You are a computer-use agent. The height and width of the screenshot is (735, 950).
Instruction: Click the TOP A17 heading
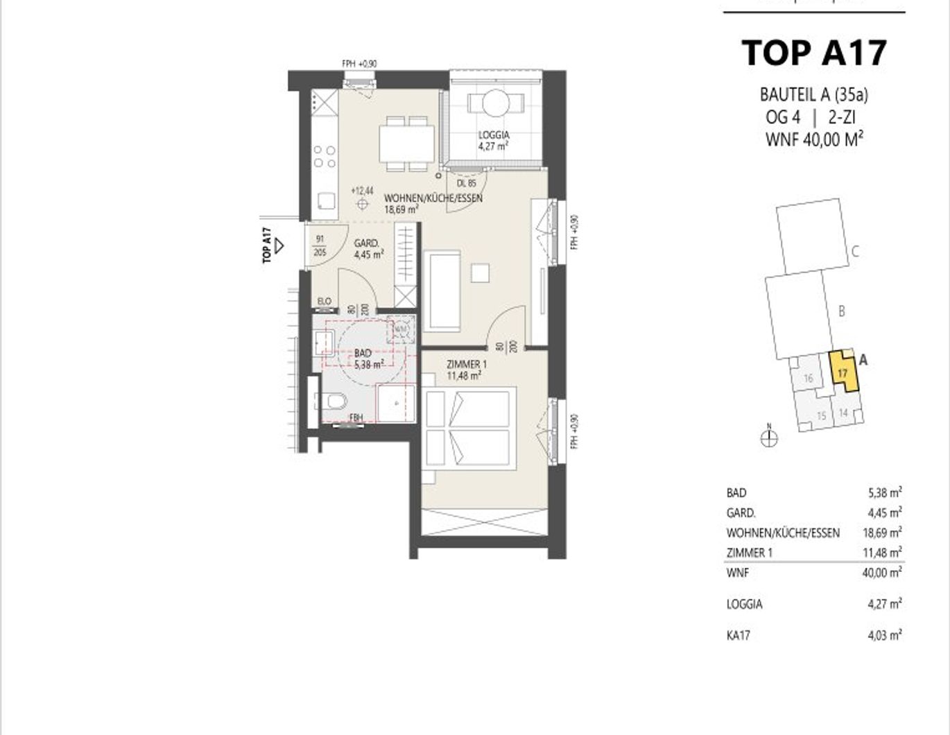click(814, 53)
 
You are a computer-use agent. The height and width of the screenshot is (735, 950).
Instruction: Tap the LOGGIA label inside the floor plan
click(493, 135)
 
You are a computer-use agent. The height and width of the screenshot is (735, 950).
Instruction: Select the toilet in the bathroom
click(335, 401)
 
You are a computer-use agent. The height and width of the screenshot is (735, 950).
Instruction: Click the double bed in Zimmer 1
click(470, 430)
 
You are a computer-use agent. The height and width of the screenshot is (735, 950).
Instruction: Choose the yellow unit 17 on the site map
click(843, 372)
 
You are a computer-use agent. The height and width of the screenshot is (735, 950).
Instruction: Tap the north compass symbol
click(769, 438)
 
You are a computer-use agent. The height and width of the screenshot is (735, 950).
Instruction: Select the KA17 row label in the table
click(738, 635)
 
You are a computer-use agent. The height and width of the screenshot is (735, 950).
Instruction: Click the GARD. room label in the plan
click(366, 243)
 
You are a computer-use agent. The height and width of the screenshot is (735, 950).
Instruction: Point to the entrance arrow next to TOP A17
click(279, 245)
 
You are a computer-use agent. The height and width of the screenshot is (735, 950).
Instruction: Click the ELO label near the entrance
click(324, 302)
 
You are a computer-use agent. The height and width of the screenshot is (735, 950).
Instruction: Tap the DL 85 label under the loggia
click(467, 184)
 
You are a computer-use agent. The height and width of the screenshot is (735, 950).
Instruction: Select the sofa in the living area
click(444, 291)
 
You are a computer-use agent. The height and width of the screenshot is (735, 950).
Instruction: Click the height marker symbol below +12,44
click(362, 204)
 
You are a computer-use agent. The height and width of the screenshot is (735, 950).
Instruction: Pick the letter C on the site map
click(855, 252)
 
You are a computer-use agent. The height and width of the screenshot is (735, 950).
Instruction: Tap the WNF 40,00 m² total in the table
click(884, 573)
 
